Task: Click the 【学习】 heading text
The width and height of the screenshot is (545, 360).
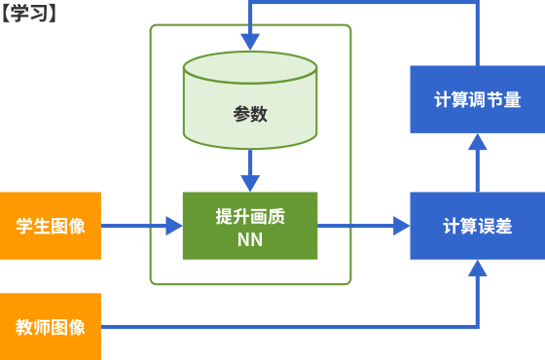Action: point(29,14)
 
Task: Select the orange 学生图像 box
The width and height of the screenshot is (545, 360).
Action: point(51,226)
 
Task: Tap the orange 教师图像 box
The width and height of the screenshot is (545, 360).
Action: point(51,327)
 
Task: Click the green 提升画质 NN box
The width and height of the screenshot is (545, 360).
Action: point(250,226)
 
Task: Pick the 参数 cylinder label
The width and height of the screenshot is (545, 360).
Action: point(250,114)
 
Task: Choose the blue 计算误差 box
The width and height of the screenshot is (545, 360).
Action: point(478,226)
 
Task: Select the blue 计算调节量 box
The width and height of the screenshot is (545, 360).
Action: point(478,99)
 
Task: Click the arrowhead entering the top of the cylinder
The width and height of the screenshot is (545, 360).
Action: point(250,42)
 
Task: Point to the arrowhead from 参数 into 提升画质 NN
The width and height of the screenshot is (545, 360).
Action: point(250,184)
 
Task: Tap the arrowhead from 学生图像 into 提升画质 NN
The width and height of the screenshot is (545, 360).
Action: point(174,226)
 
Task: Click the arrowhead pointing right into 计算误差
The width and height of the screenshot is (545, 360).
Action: point(401,226)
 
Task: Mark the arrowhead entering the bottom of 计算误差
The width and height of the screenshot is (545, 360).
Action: point(478,269)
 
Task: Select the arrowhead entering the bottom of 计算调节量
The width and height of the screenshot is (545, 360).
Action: point(478,142)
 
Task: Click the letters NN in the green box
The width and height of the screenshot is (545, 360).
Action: point(250,239)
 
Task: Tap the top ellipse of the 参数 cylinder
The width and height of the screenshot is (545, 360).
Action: point(250,68)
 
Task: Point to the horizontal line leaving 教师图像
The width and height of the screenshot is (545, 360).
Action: point(289,327)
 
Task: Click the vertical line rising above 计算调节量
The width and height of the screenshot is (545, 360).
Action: point(478,33)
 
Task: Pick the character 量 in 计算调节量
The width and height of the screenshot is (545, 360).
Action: point(512,99)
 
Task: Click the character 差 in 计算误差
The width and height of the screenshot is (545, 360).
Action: point(504,226)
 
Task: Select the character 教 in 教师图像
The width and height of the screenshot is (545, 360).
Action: point(24,327)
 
